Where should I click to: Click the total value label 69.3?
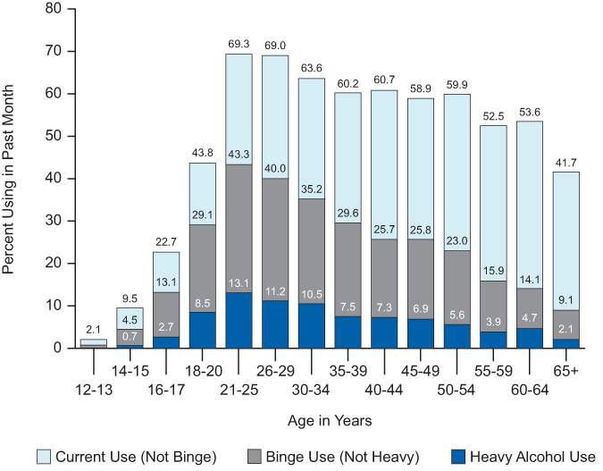[239, 43]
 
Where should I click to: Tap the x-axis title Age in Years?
[323, 420]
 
